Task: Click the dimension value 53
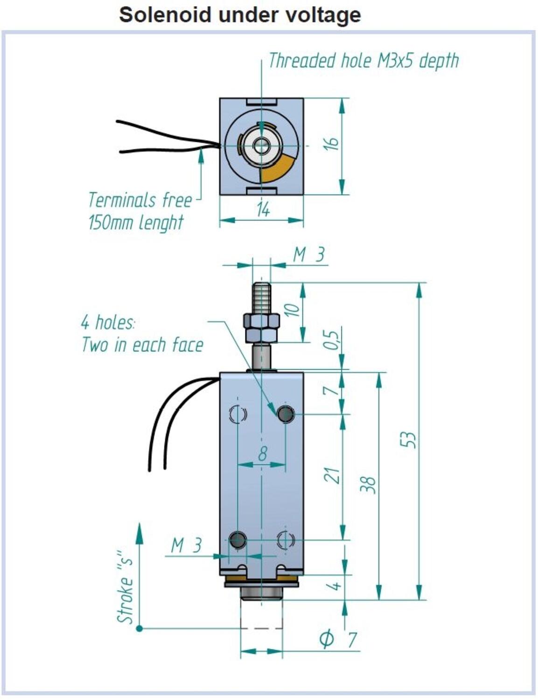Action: click(x=408, y=440)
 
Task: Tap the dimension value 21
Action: click(x=332, y=475)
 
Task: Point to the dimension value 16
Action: click(x=331, y=144)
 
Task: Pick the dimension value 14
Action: click(x=263, y=210)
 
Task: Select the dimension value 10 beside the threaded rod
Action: click(x=292, y=310)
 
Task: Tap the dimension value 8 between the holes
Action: click(x=263, y=453)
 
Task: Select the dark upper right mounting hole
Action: click(x=286, y=414)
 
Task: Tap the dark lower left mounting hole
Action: click(x=238, y=540)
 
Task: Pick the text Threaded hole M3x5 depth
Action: click(x=363, y=61)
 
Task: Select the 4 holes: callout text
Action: click(x=108, y=322)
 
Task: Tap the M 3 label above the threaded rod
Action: click(x=308, y=255)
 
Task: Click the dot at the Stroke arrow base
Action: click(x=139, y=629)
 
